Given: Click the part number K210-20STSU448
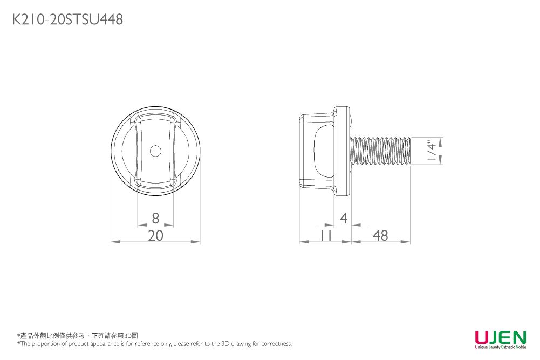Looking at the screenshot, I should tap(67, 20).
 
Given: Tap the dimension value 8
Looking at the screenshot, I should tap(155, 218).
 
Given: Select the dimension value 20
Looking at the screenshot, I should tap(155, 235).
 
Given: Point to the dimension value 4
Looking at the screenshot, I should tap(344, 218).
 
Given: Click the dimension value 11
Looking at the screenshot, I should tap(325, 235).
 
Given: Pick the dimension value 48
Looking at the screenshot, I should tap(380, 235).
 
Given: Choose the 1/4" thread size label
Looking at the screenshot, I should tap(430, 151).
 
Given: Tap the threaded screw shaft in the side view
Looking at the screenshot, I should tap(380, 151).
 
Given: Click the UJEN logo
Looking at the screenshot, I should tap(500, 337).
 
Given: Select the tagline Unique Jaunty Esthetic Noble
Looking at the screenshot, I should tap(500, 347).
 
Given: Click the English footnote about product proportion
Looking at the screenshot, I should tap(154, 344).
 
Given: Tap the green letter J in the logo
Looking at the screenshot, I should tap(492, 337).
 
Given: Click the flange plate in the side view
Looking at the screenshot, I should tap(341, 151).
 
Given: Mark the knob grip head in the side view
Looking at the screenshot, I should tap(316, 151).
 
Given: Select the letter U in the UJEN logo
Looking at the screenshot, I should tap(482, 337).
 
